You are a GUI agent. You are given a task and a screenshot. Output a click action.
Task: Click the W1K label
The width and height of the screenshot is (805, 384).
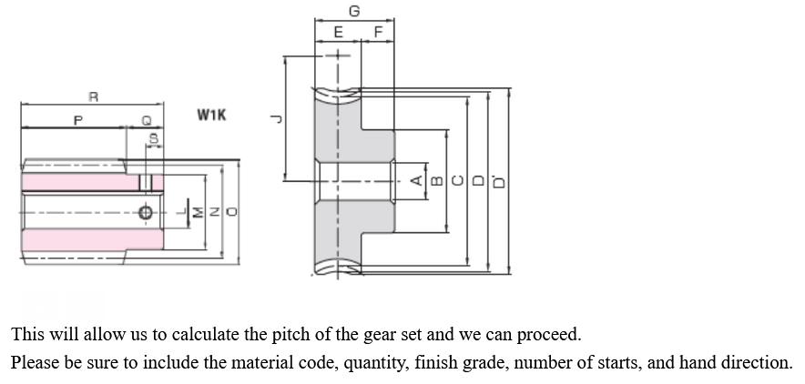pyautogui.click(x=211, y=116)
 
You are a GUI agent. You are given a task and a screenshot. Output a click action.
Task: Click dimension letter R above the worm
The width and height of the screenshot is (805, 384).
pyautogui.click(x=93, y=96)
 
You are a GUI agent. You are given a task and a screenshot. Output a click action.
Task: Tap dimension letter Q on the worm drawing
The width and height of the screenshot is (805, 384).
pyautogui.click(x=146, y=119)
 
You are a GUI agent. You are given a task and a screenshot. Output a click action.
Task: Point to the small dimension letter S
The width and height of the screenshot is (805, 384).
pyautogui.click(x=154, y=140)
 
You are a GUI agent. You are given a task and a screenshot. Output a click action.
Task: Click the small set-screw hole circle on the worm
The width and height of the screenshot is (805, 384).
pyautogui.click(x=146, y=213)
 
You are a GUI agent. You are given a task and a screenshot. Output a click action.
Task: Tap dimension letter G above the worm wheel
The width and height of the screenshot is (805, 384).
pyautogui.click(x=354, y=12)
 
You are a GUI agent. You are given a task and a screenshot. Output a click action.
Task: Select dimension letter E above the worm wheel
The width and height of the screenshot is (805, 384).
pyautogui.click(x=339, y=33)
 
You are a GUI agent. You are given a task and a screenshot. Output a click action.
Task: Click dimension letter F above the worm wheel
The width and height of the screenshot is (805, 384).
pyautogui.click(x=378, y=33)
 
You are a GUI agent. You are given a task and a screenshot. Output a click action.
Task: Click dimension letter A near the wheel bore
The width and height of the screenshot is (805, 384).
pyautogui.click(x=416, y=180)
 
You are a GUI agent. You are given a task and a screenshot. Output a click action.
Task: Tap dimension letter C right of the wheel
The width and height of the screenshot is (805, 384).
pyautogui.click(x=457, y=180)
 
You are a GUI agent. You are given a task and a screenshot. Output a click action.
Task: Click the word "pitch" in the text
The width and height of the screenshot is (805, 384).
pyautogui.click(x=273, y=334)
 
